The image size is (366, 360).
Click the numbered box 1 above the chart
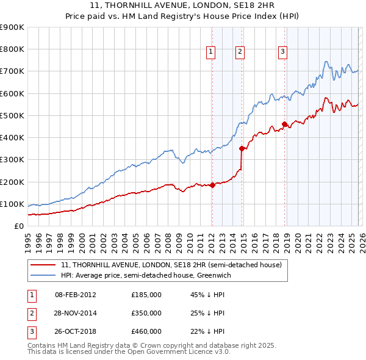pyautogui.click(x=210, y=52)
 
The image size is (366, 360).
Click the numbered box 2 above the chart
pyautogui.click(x=240, y=52)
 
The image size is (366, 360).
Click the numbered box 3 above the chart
pyautogui.click(x=283, y=52)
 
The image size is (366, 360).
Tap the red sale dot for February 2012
pyautogui.click(x=212, y=185)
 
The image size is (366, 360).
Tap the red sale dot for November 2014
pyautogui.click(x=242, y=148)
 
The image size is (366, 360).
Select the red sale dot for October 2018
pyautogui.click(x=284, y=124)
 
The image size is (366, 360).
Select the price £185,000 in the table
pyautogui.click(x=146, y=294)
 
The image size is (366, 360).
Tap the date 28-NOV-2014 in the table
pyautogui.click(x=76, y=312)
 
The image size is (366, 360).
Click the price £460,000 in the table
pyautogui.click(x=146, y=331)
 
